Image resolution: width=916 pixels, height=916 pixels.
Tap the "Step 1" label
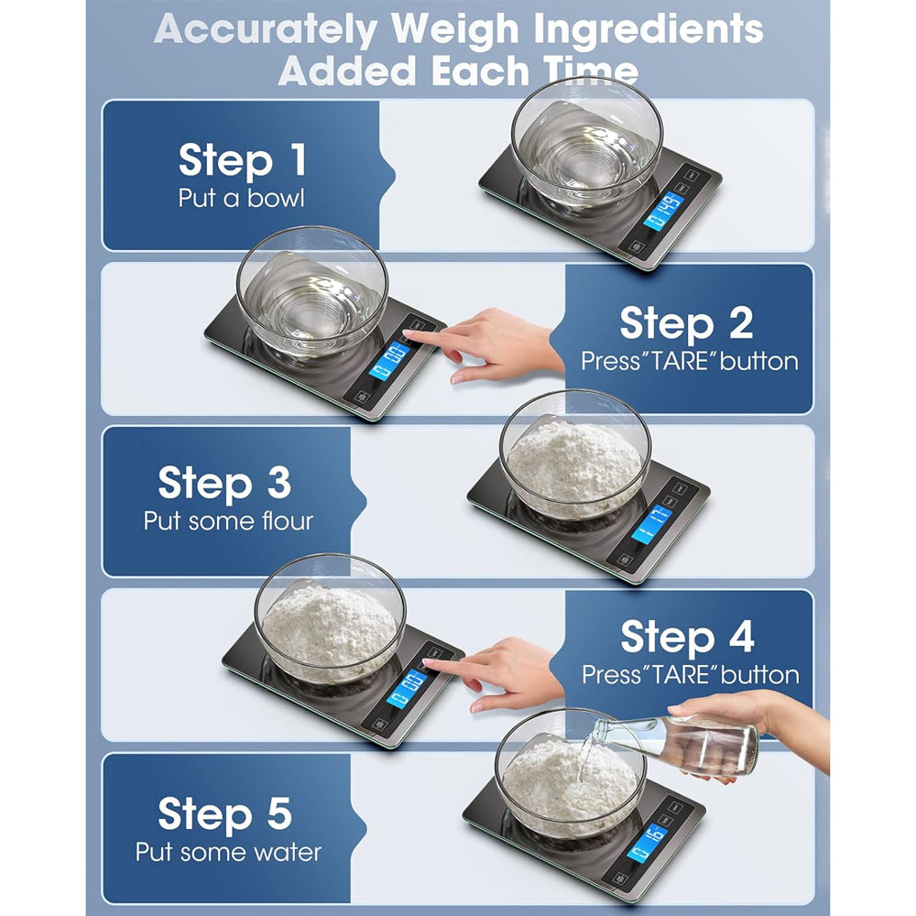coord(242,160)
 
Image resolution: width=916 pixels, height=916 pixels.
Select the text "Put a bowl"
coord(242,199)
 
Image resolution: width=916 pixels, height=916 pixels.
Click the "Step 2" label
coord(686,323)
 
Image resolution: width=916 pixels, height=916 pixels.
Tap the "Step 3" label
coord(224,482)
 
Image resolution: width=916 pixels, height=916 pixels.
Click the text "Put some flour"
coord(228,521)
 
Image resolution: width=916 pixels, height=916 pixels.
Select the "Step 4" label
coord(687,637)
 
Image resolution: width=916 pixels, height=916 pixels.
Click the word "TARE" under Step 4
coord(673,675)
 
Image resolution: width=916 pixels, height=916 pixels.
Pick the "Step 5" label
coord(224,813)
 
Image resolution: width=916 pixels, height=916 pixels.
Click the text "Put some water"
coord(228,852)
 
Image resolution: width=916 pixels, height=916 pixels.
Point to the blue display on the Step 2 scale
coord(389,360)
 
